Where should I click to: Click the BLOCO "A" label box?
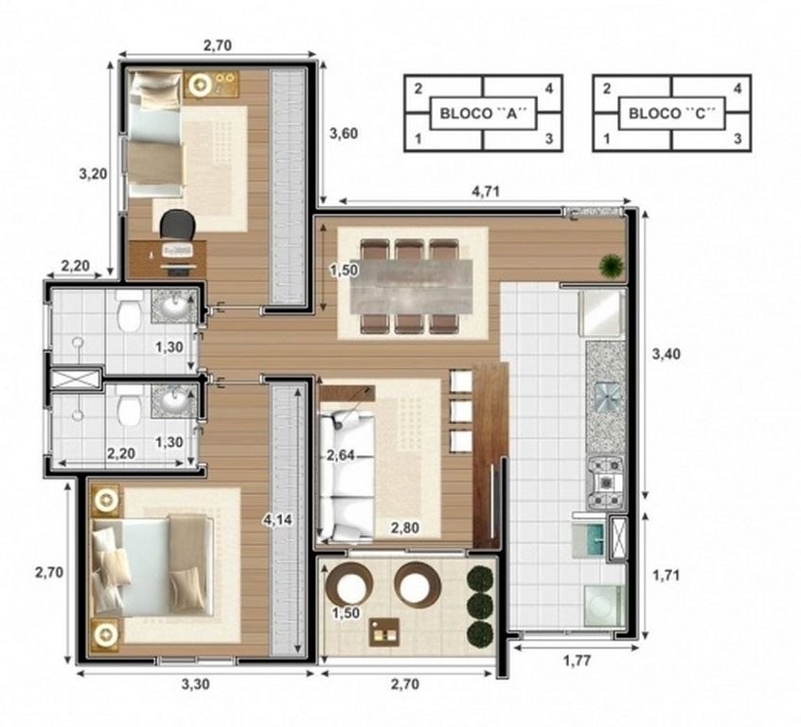point(483,114)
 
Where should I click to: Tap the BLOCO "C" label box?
point(671,114)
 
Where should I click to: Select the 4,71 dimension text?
point(486,191)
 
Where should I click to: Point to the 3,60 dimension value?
point(344,133)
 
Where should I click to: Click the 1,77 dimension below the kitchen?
point(578,661)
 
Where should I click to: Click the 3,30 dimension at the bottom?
point(195,683)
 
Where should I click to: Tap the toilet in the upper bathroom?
point(129,310)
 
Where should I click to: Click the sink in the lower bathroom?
point(174,400)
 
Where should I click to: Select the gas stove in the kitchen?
point(606,483)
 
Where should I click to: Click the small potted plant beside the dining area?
point(612,266)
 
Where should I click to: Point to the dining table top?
point(411,286)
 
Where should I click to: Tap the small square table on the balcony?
point(384,632)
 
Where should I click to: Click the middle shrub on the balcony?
point(480,607)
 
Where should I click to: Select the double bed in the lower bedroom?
point(153,567)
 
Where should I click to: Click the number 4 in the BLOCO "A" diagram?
point(549,89)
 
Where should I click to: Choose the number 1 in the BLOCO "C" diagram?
point(606,138)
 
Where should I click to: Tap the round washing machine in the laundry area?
point(604,606)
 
